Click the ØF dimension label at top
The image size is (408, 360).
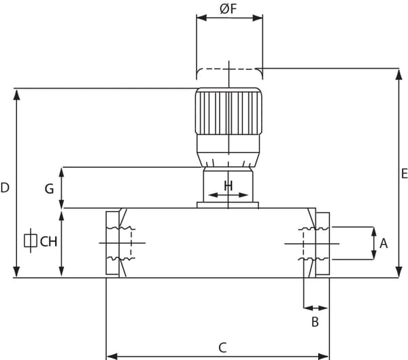click(x=228, y=9)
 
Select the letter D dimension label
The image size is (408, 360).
click(x=5, y=187)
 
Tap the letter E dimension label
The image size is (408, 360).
click(x=404, y=174)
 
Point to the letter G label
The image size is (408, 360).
click(x=49, y=189)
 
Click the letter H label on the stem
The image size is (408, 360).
click(x=228, y=186)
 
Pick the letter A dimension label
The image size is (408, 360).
click(x=384, y=244)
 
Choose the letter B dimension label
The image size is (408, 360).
click(x=315, y=322)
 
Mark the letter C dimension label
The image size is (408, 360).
click(x=222, y=348)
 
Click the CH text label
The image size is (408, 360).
click(x=49, y=242)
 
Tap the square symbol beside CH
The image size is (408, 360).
click(x=31, y=240)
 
